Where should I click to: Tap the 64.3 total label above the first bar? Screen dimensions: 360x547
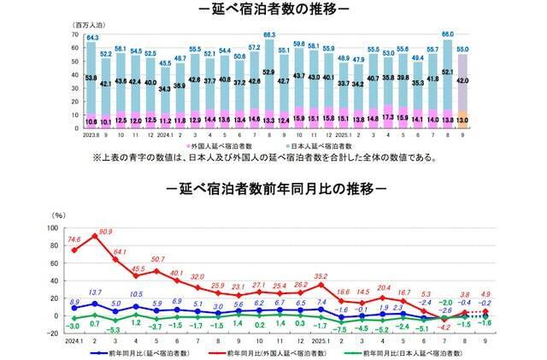92,38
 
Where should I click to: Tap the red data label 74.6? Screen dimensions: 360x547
74,242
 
